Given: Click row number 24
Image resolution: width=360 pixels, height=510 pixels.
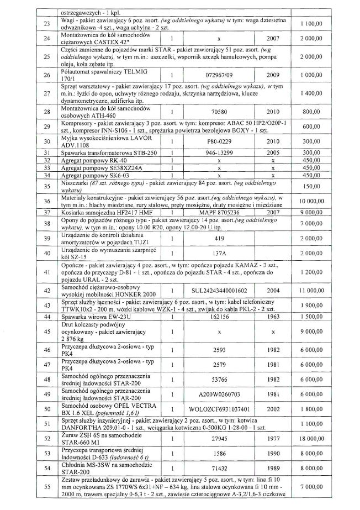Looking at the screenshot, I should coord(36,40).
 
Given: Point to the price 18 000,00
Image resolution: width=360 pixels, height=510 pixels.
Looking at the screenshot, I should coord(319,439).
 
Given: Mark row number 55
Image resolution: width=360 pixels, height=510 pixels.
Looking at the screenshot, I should coord(36,487).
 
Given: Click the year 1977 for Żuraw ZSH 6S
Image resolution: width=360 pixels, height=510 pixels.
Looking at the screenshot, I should coord(273,439).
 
